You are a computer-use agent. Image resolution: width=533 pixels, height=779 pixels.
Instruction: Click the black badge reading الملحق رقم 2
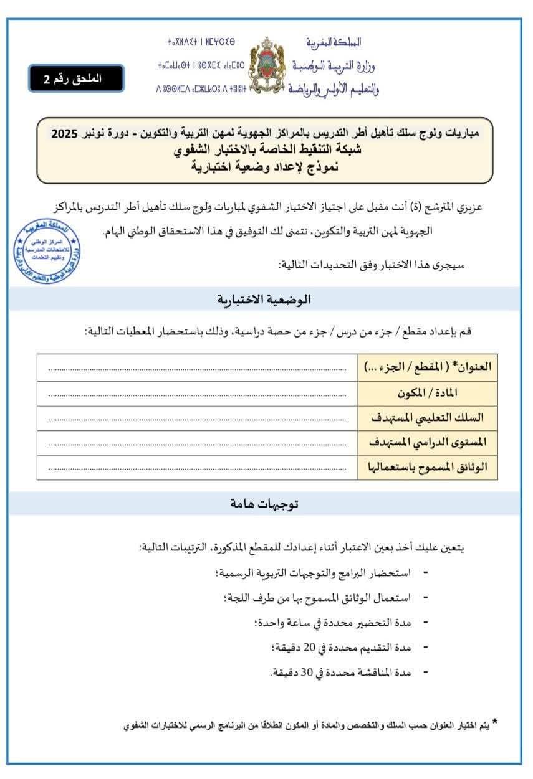[x=76, y=78]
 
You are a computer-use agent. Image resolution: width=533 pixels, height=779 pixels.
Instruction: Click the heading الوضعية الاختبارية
[x=264, y=300]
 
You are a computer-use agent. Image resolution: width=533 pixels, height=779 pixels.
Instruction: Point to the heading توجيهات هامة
[x=264, y=504]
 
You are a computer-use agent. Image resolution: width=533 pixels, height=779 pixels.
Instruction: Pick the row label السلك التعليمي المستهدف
[x=427, y=418]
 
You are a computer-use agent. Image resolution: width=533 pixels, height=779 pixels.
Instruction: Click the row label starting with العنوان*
[x=427, y=367]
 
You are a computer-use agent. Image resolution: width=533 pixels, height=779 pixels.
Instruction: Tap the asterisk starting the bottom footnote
[x=495, y=722]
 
